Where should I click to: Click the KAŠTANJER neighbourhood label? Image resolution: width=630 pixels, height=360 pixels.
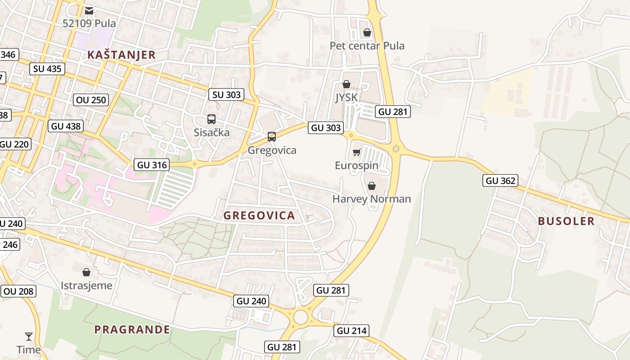[121, 55]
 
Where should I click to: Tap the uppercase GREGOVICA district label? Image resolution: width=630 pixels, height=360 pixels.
[259, 216]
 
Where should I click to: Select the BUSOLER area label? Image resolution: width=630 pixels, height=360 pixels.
[566, 221]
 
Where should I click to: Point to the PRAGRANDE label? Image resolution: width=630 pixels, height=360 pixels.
[132, 329]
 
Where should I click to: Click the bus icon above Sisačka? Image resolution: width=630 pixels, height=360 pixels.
[211, 119]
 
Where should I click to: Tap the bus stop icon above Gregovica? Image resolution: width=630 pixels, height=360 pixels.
[272, 137]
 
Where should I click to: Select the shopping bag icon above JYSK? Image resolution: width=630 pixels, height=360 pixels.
[346, 84]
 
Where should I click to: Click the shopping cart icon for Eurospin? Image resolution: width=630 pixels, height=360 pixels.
[356, 153]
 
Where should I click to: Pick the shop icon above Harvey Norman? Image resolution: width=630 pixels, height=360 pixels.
[372, 186]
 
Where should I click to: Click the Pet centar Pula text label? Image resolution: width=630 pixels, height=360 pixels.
[367, 46]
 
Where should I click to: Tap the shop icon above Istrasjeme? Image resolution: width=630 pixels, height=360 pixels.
[86, 272]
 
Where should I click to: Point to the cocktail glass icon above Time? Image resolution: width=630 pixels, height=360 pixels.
[29, 336]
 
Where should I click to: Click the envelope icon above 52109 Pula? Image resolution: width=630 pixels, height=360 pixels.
[89, 10]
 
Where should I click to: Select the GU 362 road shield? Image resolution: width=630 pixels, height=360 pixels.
[501, 181]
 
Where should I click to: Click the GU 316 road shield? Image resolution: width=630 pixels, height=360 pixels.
[152, 165]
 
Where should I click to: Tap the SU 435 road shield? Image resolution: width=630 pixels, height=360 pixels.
[47, 69]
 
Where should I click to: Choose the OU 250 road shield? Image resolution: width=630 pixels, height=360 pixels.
[91, 99]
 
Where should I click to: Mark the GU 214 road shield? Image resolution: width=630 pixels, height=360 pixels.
[352, 331]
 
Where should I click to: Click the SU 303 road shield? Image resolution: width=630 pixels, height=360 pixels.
[226, 94]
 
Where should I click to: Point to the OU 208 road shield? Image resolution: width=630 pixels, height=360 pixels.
[18, 291]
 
